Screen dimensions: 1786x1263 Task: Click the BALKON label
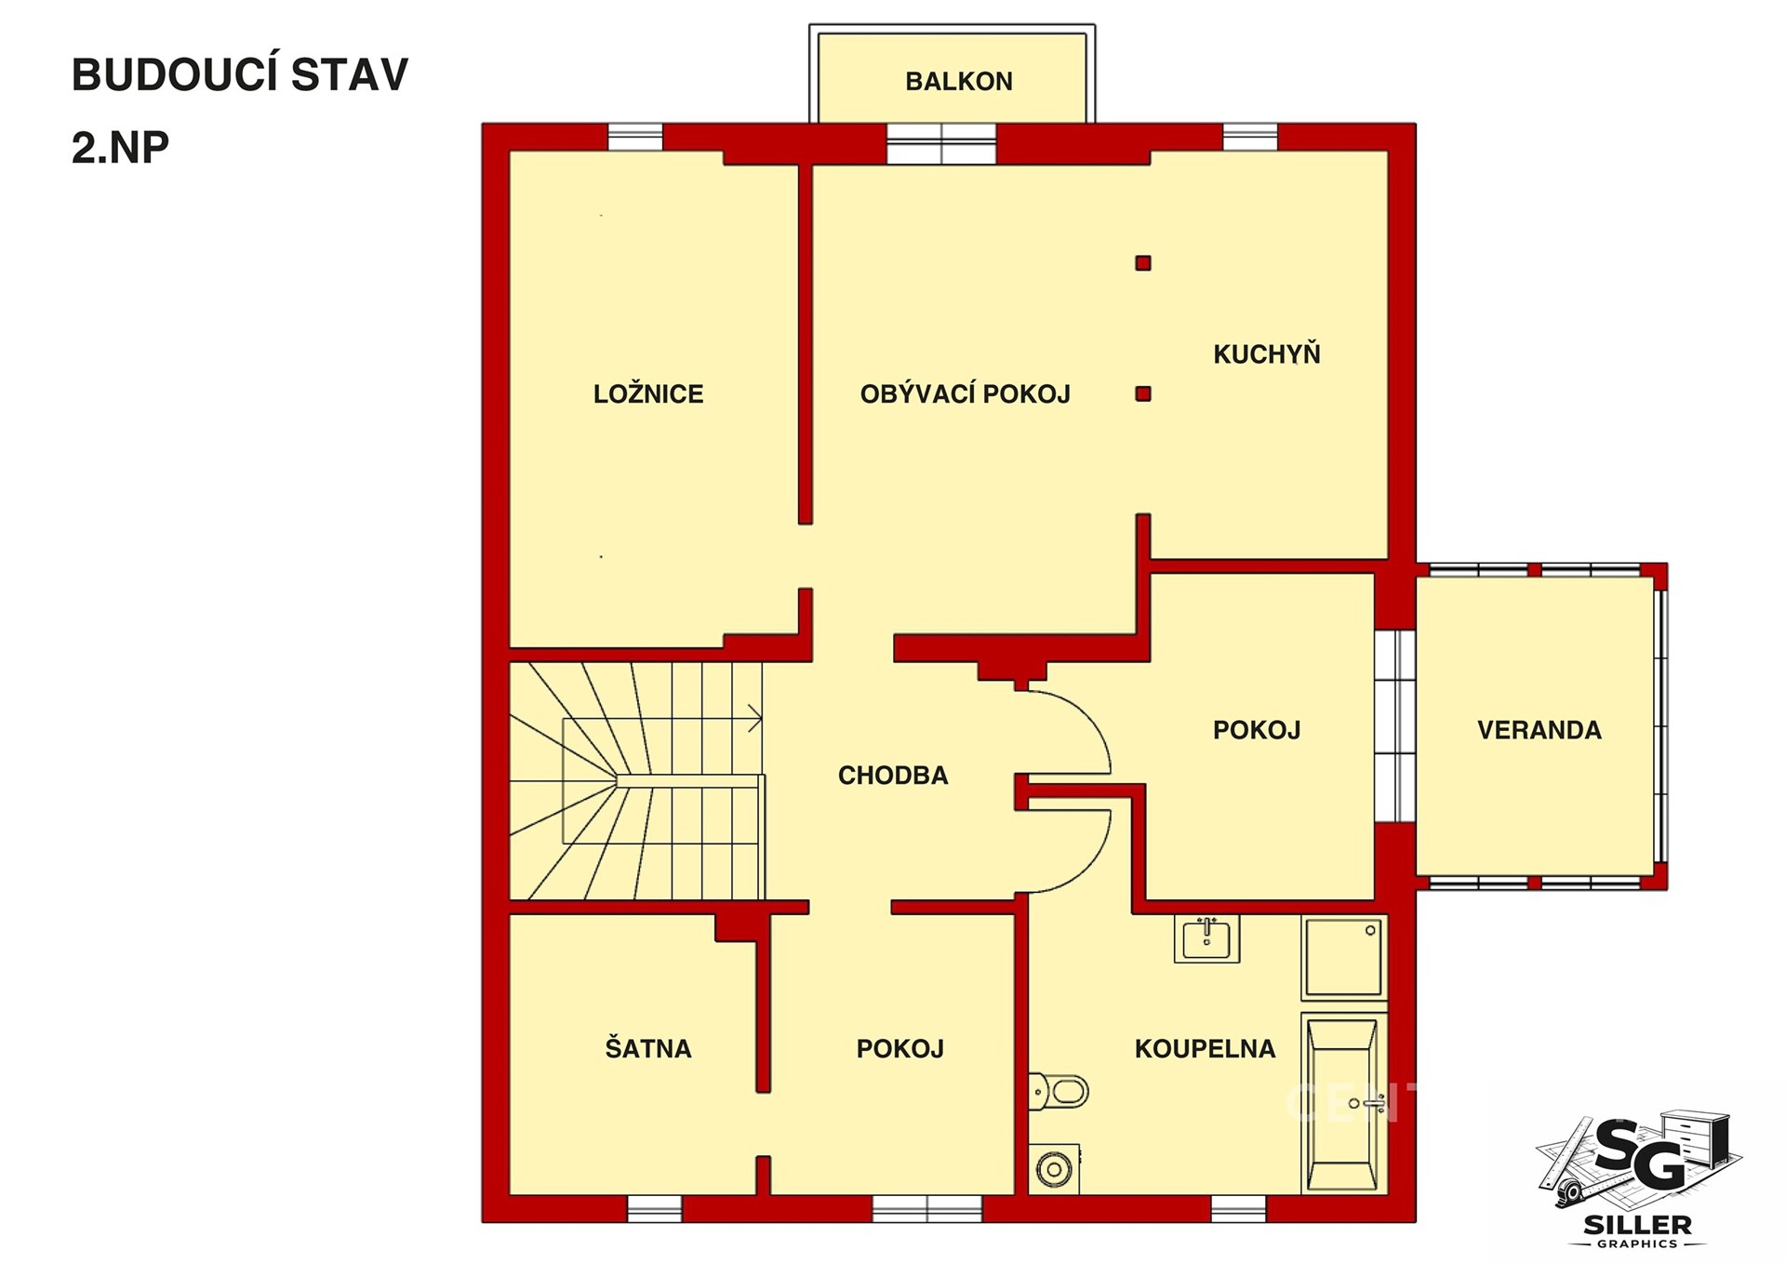pos(959,82)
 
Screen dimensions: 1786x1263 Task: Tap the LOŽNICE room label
pos(648,393)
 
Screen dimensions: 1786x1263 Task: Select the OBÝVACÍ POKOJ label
pos(966,393)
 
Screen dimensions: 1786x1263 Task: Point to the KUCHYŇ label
pos(1267,353)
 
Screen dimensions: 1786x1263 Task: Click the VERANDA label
pos(1539,730)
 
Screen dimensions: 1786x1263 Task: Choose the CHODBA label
pos(893,776)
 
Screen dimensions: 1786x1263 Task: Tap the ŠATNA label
pos(648,1048)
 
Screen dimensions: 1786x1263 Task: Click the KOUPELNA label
pos(1205,1049)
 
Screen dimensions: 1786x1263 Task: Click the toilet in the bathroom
pos(1059,1091)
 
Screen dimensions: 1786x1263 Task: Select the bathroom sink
pos(1206,938)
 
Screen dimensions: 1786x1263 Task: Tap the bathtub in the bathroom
pos(1342,1104)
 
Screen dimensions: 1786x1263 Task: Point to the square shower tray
pos(1344,958)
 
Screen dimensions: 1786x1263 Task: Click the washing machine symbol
pos(1054,1169)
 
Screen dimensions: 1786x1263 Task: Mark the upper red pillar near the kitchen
pos(1143,263)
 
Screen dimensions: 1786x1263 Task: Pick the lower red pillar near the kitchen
pos(1143,393)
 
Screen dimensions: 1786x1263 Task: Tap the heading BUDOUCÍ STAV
pos(240,74)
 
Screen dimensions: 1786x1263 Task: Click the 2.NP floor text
pos(121,147)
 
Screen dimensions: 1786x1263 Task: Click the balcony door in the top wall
pos(941,144)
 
